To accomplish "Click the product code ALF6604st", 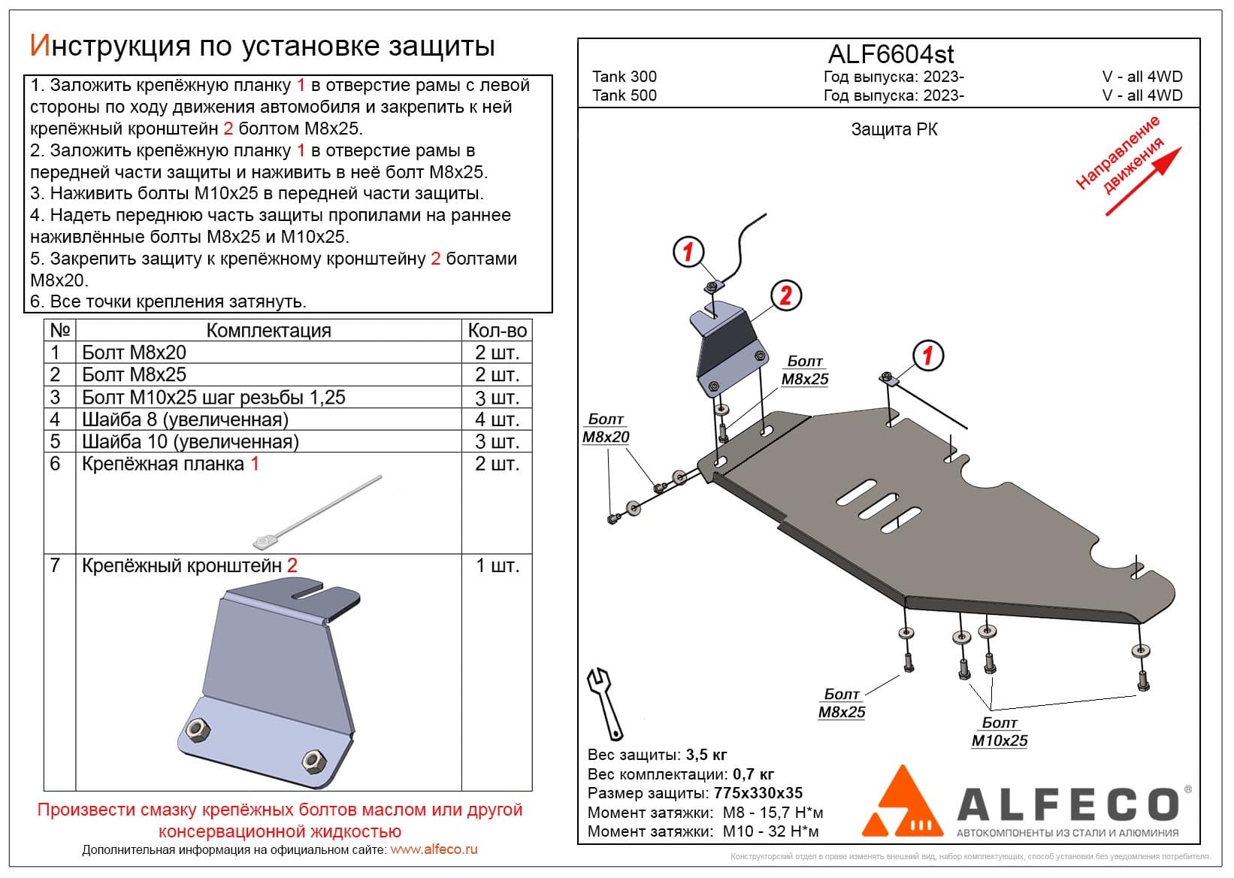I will click(x=891, y=54).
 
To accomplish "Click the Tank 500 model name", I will click(x=624, y=95).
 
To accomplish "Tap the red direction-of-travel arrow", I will click(x=1144, y=181).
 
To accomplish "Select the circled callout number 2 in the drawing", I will click(x=785, y=295).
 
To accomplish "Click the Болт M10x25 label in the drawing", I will click(x=999, y=732).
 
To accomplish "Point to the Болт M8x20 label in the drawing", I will click(x=606, y=428).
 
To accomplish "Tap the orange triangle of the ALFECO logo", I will click(x=902, y=801).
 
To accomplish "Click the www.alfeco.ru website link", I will click(x=434, y=849).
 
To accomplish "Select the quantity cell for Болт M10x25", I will click(x=497, y=398).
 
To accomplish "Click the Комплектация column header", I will click(x=268, y=331).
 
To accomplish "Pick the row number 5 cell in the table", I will click(x=55, y=441).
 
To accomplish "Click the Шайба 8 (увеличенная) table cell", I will click(x=185, y=419).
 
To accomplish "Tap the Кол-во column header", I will click(x=497, y=331).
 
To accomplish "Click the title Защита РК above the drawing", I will click(x=894, y=129).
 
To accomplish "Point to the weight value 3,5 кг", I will click(x=706, y=755).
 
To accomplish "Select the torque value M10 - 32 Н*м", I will click(x=770, y=831).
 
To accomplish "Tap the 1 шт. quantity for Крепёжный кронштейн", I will click(x=497, y=566).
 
